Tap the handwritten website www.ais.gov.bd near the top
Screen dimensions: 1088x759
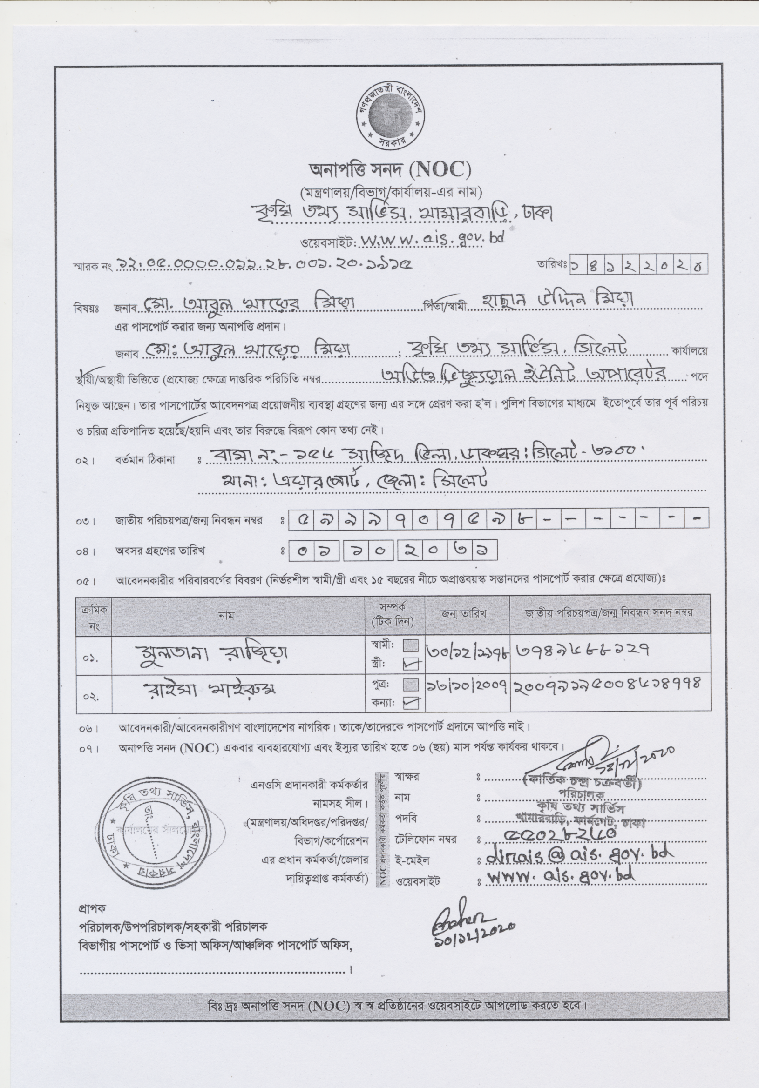click(x=431, y=240)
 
